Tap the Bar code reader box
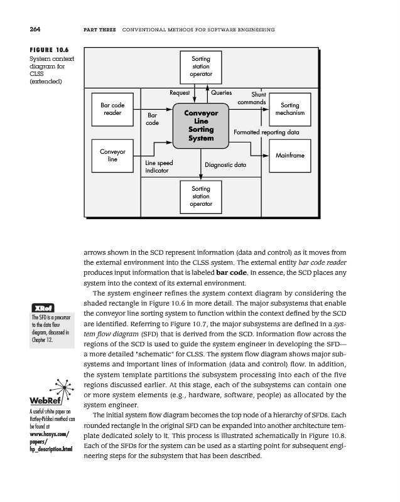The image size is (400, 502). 112,109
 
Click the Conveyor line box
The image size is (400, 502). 112,155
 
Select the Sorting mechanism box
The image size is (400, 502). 289,109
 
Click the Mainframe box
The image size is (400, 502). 289,154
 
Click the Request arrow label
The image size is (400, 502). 179,92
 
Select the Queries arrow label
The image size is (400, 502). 221,92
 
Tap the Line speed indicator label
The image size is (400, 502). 159,166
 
